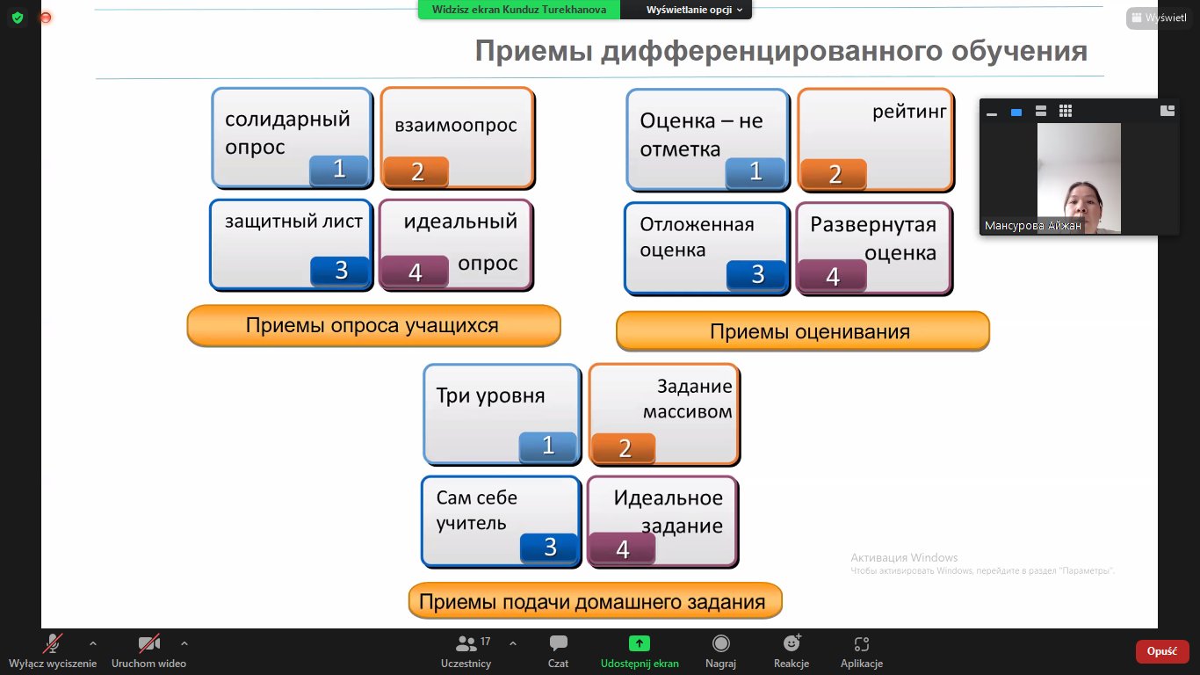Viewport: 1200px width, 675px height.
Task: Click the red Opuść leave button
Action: [x=1161, y=651]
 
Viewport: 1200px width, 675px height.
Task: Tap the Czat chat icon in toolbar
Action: [x=558, y=643]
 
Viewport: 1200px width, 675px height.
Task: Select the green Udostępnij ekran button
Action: [x=640, y=643]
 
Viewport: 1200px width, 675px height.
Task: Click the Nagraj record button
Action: [x=720, y=643]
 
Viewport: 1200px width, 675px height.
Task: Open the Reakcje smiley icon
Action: [x=792, y=642]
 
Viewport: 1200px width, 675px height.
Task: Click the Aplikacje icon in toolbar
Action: [x=862, y=643]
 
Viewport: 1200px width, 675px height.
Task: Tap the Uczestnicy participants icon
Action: [x=466, y=643]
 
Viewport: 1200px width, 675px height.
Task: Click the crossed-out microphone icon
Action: [x=53, y=643]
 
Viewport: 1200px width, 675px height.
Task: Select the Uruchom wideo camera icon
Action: [x=149, y=643]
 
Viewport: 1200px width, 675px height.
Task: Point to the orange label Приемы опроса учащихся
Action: [x=373, y=325]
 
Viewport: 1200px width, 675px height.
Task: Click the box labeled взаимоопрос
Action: [x=458, y=138]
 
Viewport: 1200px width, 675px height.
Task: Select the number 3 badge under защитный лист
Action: [x=340, y=271]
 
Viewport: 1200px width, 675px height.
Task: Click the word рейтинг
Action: [x=909, y=112]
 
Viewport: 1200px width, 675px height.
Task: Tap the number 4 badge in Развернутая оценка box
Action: [x=832, y=276]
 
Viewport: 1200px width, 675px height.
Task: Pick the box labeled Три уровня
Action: [x=502, y=414]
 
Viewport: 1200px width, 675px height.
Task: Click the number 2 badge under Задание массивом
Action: [x=624, y=448]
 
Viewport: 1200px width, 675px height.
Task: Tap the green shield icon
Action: [x=18, y=18]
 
